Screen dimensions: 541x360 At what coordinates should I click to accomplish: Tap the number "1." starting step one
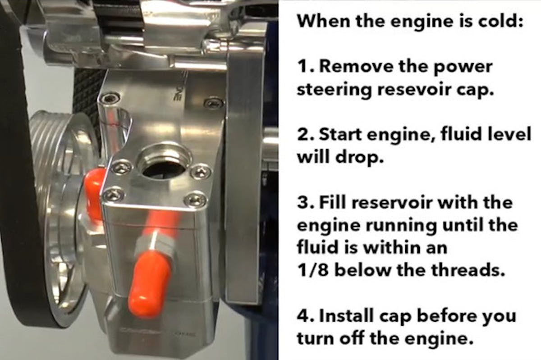[306, 67]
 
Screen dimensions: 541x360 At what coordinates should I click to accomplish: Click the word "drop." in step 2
[359, 157]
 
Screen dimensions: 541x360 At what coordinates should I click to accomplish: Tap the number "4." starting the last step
[306, 316]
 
